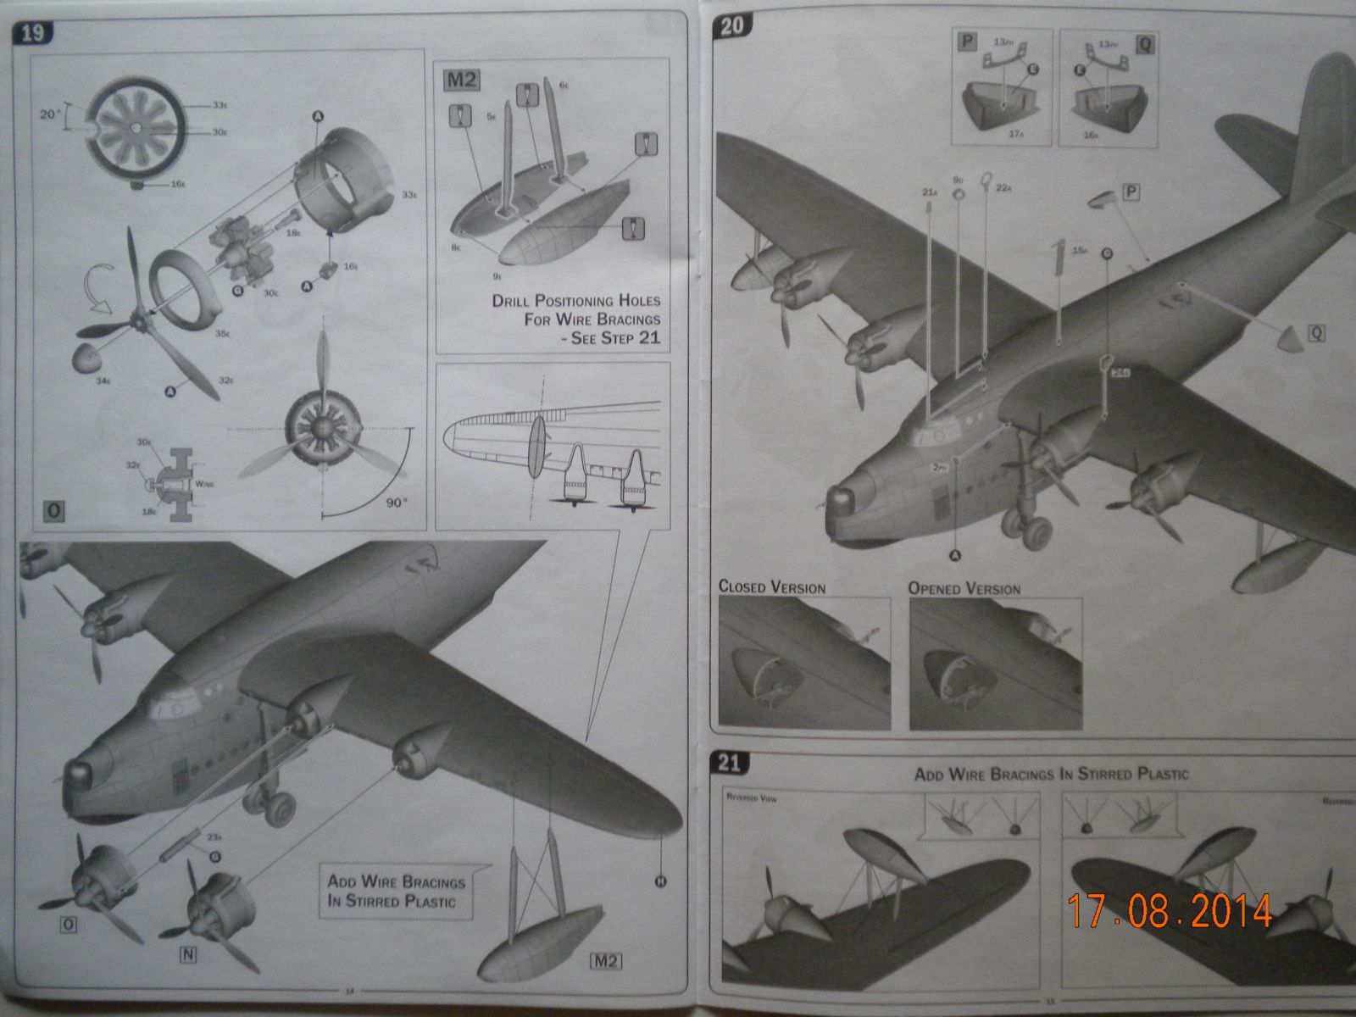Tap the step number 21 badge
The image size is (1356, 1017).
point(729,763)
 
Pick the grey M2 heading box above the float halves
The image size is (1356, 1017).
point(462,81)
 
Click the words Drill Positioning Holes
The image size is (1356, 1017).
point(575,301)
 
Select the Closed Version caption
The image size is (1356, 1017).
point(771,587)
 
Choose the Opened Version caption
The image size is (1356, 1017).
point(964,588)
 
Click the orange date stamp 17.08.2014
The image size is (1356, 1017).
point(1170,910)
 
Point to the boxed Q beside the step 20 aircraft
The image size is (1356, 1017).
point(1316,333)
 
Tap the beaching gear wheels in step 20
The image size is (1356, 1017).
point(1026,530)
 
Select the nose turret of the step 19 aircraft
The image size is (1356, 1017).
point(80,772)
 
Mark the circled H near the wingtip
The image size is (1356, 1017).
point(660,881)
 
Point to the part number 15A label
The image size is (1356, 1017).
point(1079,251)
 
